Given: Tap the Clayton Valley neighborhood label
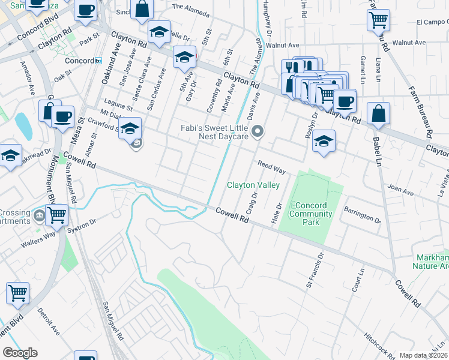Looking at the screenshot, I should [x=253, y=185].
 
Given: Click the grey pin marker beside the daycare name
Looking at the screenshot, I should [x=258, y=131].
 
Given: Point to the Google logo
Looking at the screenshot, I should [x=20, y=353].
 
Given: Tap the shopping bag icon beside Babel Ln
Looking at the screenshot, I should [x=378, y=114].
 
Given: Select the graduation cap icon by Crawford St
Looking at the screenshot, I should [x=129, y=128].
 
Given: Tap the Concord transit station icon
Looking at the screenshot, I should [x=98, y=61].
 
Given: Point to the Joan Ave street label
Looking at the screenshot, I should [x=400, y=190].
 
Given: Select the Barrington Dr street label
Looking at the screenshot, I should [x=363, y=215].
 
